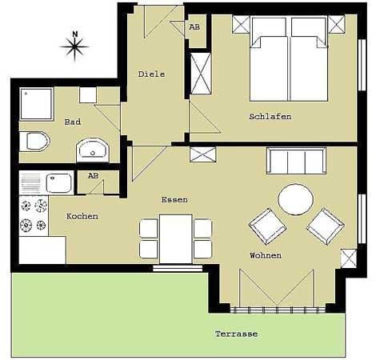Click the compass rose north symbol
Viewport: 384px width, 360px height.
coord(74,46)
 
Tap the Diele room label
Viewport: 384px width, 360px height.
coord(151,74)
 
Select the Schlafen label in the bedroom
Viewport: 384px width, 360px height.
coord(270,117)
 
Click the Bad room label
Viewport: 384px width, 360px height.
coord(73,122)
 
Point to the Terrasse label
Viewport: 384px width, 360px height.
coord(236,334)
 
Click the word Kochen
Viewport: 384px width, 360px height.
coord(82,216)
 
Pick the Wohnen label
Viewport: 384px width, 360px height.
coord(266,255)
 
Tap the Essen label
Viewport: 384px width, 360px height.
coord(174,200)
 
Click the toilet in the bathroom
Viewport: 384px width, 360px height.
coord(34,141)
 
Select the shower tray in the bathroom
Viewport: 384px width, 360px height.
coord(37,104)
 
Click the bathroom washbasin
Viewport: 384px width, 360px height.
coord(93,150)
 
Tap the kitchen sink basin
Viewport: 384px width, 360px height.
coord(59,183)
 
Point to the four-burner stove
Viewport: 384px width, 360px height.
coord(34,216)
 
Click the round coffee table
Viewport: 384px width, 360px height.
coord(295,199)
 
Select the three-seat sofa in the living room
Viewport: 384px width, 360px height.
coord(296,161)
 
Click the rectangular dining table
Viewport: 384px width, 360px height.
coord(176,239)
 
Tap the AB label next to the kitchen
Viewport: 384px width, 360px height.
coord(93,176)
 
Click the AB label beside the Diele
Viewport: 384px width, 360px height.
coord(194,27)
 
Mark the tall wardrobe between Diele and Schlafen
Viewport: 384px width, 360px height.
coord(201,74)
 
